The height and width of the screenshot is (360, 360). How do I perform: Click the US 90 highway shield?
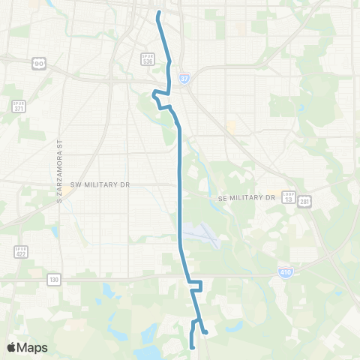click(x=37, y=64)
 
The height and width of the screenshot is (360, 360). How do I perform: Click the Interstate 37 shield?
click(x=184, y=77)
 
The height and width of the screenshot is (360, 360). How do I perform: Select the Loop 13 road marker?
click(x=288, y=196)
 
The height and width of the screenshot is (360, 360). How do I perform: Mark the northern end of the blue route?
click(x=158, y=13)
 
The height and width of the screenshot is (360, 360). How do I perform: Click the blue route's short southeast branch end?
click(x=205, y=332)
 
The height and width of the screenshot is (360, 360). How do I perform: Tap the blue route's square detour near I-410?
click(x=196, y=286)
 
